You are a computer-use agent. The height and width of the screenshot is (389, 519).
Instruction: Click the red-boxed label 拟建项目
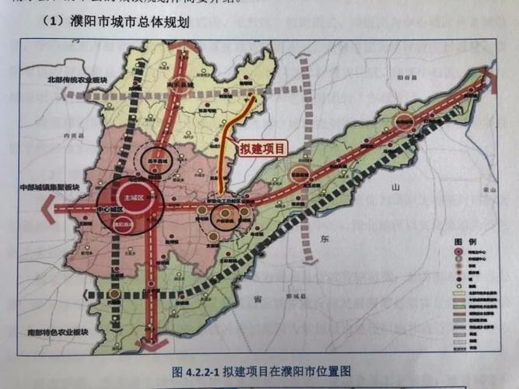[x=263, y=147]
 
